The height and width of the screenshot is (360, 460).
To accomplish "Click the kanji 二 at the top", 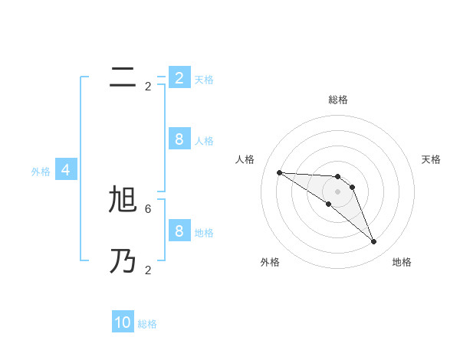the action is point(123,77).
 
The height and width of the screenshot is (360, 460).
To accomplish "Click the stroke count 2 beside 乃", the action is point(148,270).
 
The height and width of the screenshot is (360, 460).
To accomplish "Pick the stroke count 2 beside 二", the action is point(148,87).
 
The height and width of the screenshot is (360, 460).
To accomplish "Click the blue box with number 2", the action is point(179,77).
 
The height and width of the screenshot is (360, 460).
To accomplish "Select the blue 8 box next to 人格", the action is point(179,139).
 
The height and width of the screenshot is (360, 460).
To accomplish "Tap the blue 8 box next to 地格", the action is point(179,231).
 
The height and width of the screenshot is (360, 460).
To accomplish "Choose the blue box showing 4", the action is point(66,170).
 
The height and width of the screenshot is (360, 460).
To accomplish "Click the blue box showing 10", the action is point(123,322).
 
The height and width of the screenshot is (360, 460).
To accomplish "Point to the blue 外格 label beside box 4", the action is point(41,172).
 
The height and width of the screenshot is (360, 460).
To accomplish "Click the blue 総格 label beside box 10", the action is point(147,324).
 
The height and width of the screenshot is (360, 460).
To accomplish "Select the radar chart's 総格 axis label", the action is point(337,100).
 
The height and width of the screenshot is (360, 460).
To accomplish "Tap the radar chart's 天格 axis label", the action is point(431,159).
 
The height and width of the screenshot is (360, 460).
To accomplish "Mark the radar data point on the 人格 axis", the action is point(279,172).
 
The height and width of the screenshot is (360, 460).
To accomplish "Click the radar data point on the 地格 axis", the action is point(373,242).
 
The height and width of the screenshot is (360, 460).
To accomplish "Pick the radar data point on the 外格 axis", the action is point(328,205).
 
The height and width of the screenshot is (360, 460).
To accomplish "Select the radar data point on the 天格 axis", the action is point(352,187).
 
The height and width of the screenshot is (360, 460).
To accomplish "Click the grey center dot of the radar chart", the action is point(337,191).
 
